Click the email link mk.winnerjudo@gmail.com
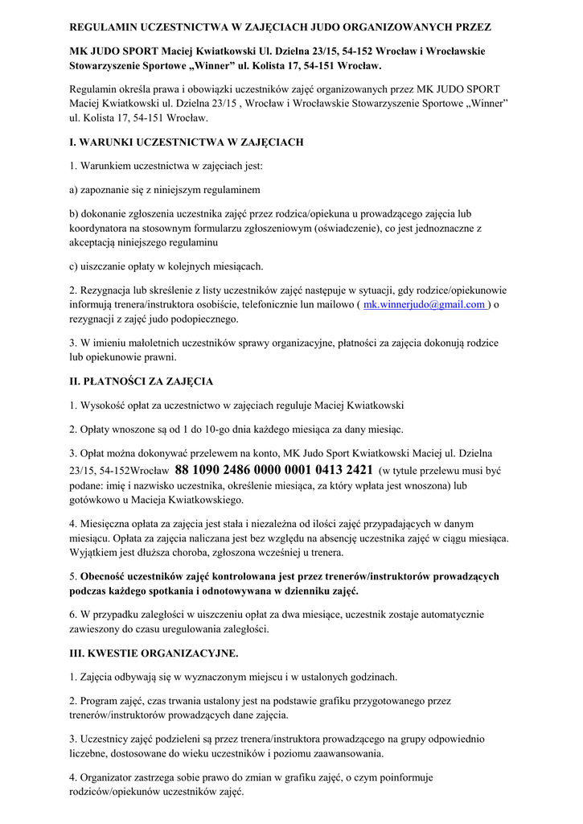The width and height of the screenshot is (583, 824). point(425,305)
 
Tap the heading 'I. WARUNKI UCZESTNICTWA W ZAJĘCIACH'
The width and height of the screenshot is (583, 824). point(186,142)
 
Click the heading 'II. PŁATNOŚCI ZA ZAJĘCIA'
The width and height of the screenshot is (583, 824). point(141,381)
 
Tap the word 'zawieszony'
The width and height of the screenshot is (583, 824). point(97,628)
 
